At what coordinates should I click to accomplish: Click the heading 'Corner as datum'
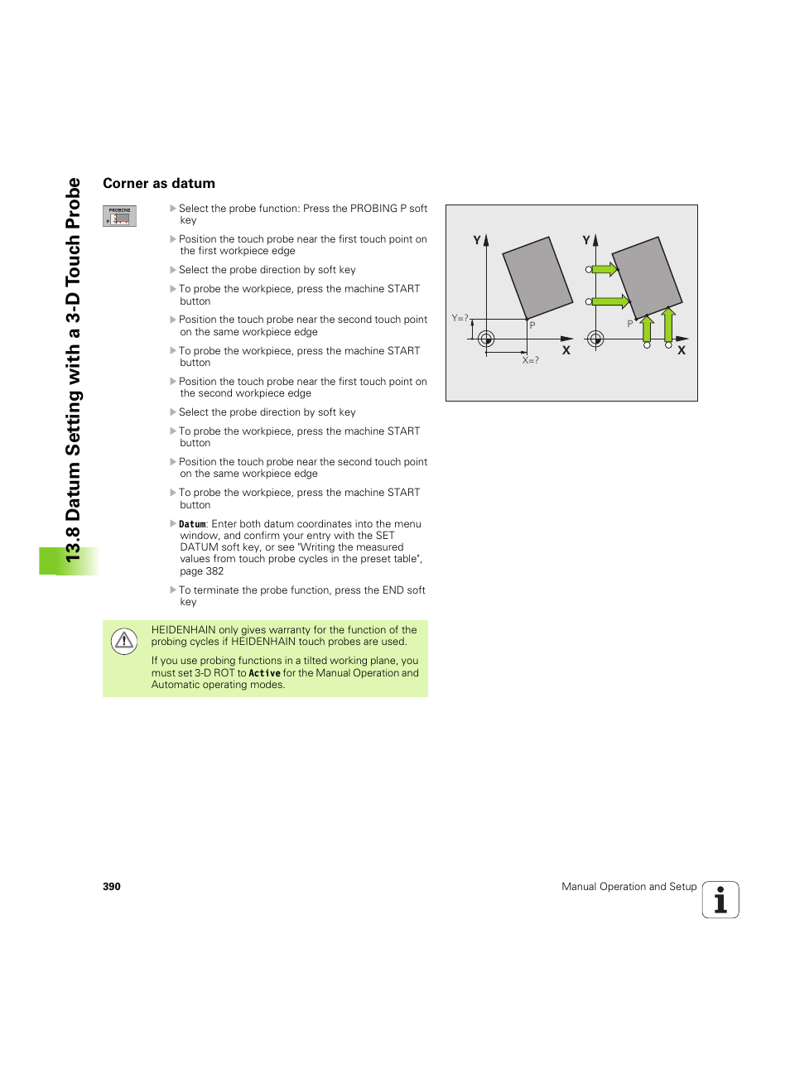coord(159,184)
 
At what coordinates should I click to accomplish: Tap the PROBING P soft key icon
coord(119,216)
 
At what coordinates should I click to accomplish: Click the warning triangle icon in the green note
coord(124,640)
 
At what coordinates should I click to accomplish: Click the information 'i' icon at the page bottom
coord(720,900)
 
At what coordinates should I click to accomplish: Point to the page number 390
coord(112,887)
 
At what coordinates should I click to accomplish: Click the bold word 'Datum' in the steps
coord(192,524)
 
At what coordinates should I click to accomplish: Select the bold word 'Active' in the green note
coord(264,673)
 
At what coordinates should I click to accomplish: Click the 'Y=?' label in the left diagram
coord(460,318)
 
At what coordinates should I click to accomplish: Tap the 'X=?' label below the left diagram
coord(530,360)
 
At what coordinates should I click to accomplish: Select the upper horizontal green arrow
coord(605,269)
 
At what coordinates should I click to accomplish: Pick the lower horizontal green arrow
coord(610,301)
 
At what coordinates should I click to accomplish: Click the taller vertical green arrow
coord(668,325)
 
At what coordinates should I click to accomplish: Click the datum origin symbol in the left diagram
coord(486,338)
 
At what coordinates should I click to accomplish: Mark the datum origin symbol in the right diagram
coord(595,338)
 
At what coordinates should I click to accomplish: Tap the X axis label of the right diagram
coord(682,350)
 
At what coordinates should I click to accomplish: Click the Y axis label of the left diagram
coord(477,240)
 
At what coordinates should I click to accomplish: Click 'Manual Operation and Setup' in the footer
coord(629,887)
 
